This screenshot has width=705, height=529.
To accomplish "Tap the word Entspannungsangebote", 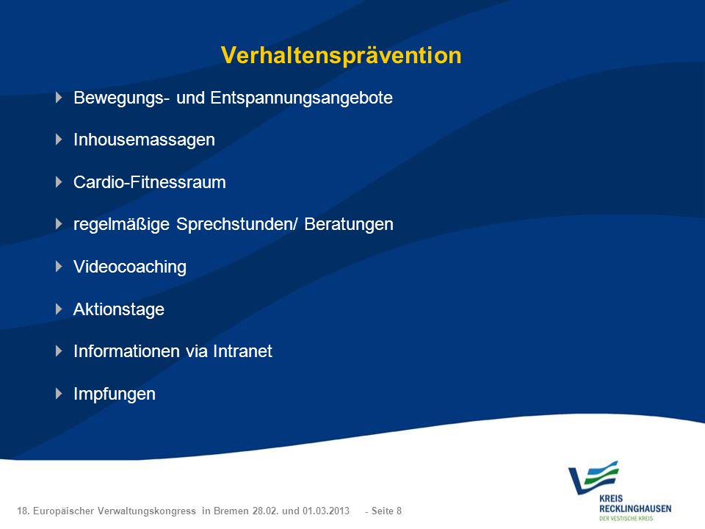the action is coord(301,98).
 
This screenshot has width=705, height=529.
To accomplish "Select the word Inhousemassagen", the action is coord(144,140).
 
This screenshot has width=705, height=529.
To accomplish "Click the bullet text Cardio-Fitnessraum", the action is coord(149,182).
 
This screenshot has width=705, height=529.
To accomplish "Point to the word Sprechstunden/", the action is coord(237,225).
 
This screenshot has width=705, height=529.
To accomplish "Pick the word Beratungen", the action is coord(349,225).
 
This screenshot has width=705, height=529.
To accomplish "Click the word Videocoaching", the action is coord(130,267).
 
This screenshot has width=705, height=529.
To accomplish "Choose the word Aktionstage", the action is coord(119,309).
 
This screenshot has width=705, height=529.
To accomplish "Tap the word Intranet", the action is coord(242,351).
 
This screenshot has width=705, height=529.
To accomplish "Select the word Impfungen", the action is coord(115,394).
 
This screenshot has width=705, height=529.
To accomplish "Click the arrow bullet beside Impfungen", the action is coord(59,394).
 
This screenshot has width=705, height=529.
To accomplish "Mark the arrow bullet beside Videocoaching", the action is coord(59,266).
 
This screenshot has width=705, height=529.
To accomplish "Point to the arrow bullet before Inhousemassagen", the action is coord(59,140).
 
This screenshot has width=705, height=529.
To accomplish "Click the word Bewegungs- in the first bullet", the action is coord(121,98).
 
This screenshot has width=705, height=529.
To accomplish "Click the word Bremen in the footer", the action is coord(231,511).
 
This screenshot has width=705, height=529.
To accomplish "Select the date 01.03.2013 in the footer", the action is coord(325,511).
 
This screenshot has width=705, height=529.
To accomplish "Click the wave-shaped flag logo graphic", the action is coord(593,478).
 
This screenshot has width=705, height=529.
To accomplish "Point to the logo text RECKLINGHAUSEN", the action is coord(634,508).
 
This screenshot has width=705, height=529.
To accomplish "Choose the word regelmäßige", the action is coord(121,225).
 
